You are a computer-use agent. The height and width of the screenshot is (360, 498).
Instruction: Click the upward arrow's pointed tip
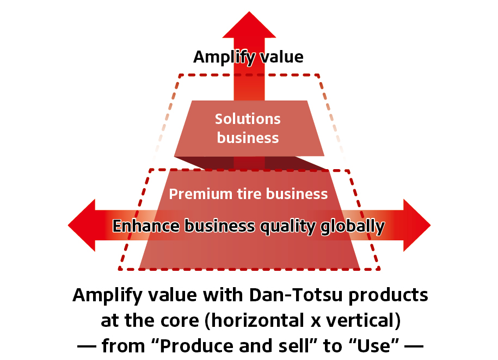(249, 12)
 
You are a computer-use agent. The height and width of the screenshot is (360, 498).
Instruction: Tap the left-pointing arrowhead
(81, 225)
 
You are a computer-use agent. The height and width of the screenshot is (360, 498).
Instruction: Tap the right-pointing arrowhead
(417, 225)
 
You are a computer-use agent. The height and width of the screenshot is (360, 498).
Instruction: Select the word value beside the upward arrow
(281, 57)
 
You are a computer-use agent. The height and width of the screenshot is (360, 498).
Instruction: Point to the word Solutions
(248, 119)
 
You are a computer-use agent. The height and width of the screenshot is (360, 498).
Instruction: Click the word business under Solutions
(248, 138)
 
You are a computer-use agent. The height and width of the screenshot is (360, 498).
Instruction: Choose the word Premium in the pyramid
(200, 194)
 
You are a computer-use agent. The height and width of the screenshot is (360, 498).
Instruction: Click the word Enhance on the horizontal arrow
(147, 226)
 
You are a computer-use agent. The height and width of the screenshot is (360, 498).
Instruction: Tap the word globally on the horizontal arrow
(353, 227)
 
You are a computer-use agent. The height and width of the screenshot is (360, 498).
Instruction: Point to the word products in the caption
(389, 296)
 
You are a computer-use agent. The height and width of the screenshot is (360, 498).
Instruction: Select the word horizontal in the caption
(257, 320)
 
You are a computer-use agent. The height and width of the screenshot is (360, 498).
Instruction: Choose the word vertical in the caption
(360, 320)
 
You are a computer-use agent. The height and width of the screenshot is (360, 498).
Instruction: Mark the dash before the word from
(87, 346)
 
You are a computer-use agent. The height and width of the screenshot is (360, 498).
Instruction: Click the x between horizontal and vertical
(315, 322)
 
